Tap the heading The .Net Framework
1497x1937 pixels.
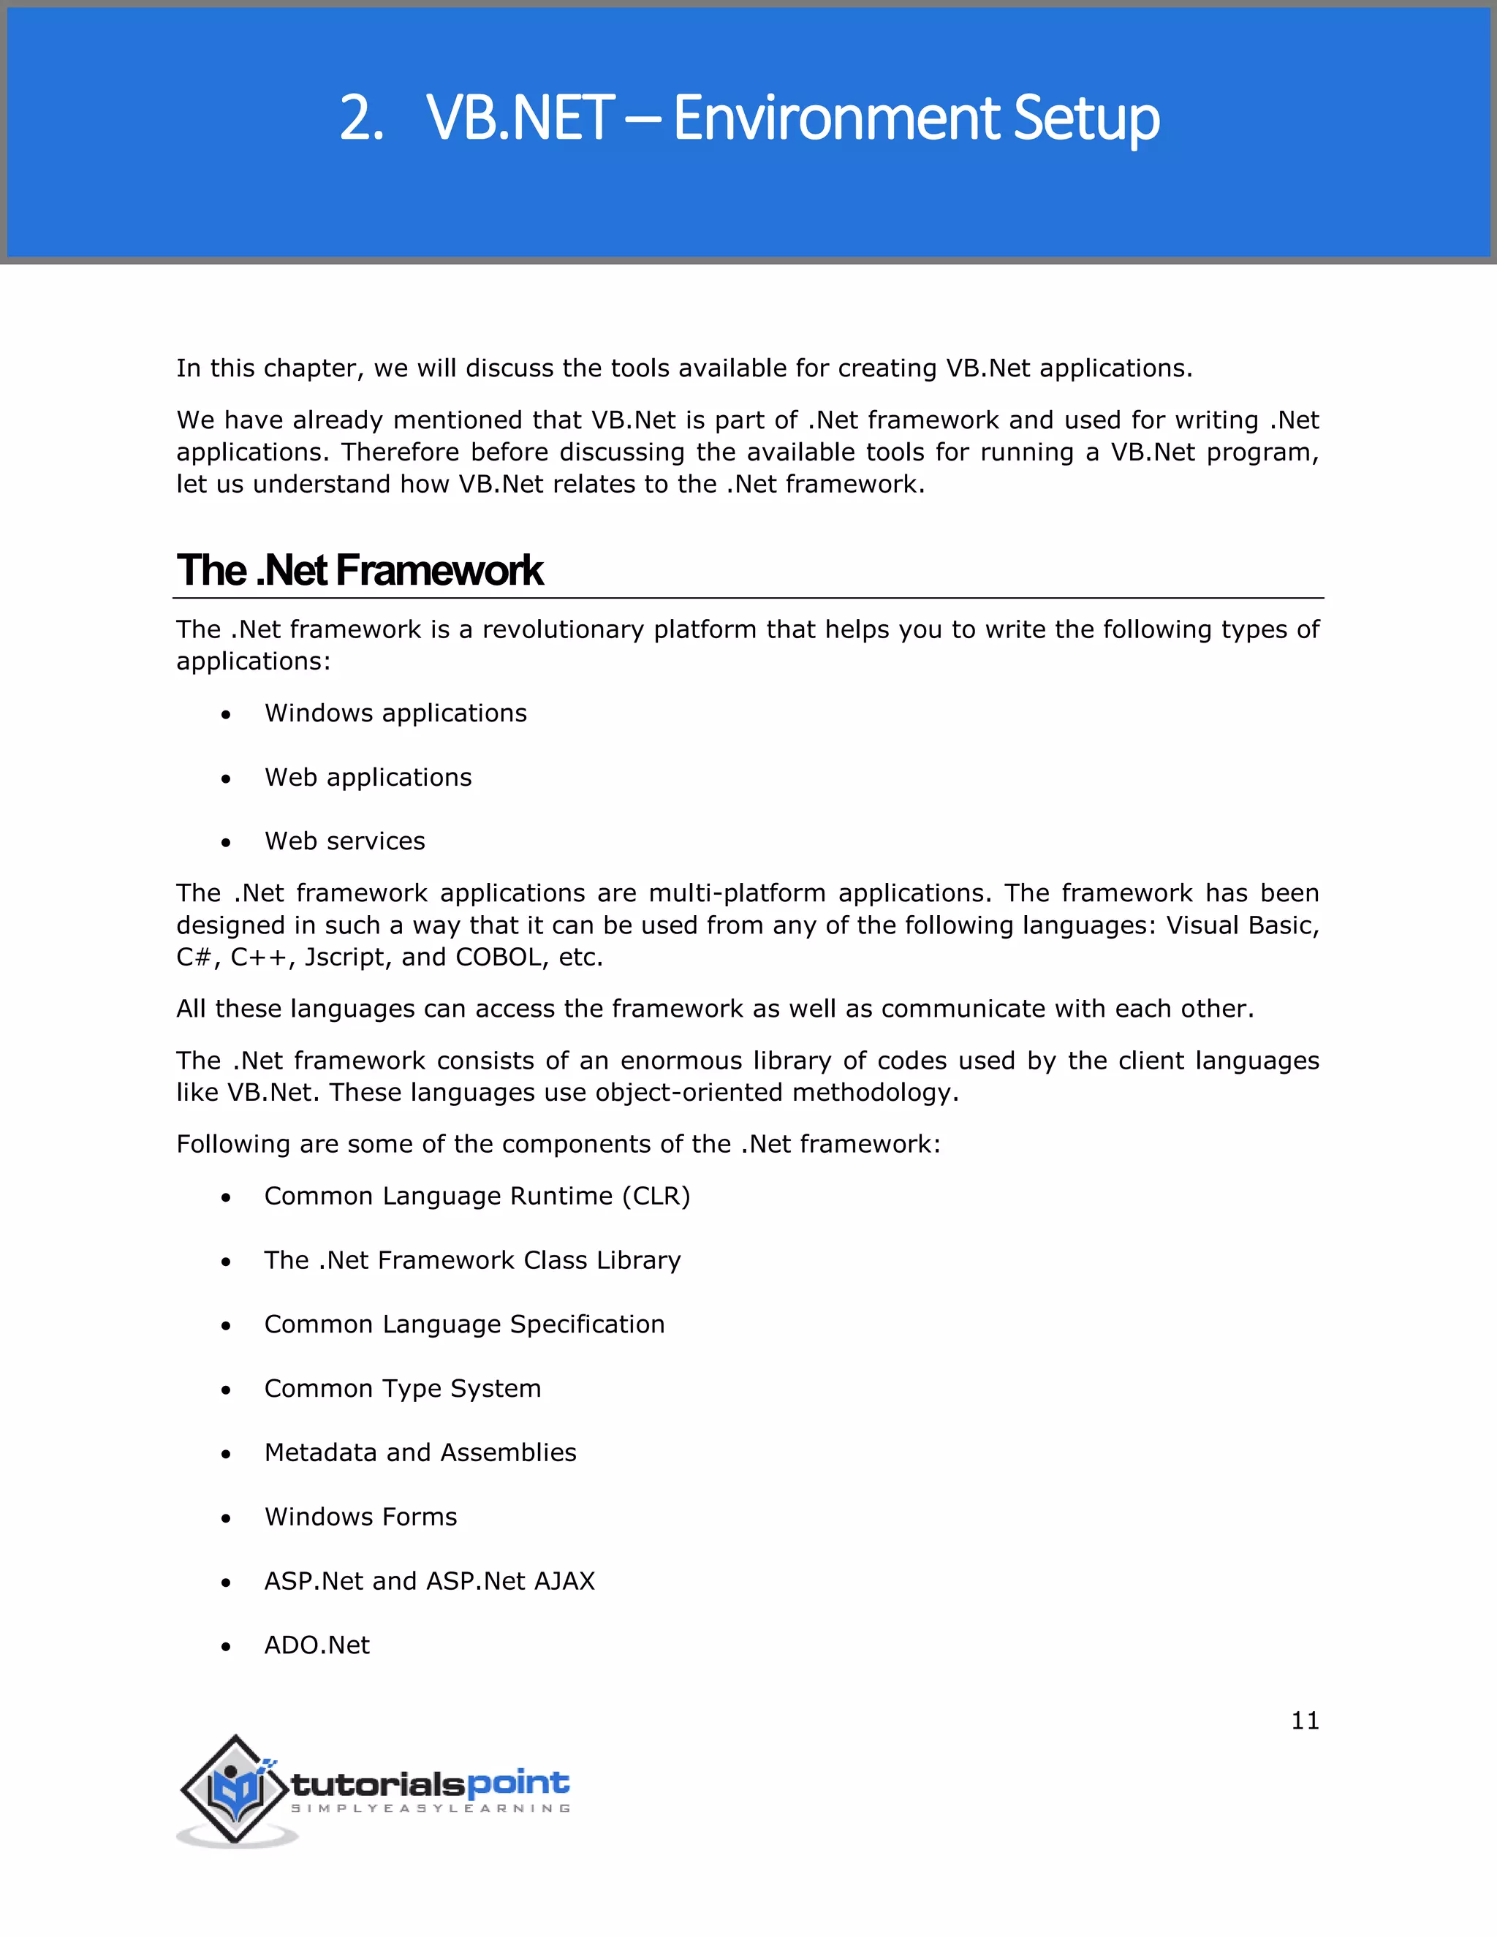(359, 570)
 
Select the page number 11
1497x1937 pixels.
(1305, 1721)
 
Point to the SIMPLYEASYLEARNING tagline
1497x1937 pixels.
(431, 1808)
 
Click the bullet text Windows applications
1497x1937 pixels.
(395, 713)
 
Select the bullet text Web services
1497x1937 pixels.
(345, 841)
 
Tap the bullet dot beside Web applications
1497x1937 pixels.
(226, 778)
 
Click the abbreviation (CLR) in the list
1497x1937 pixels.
(656, 1197)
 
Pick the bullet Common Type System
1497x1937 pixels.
(403, 1388)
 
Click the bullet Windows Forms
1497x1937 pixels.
(361, 1517)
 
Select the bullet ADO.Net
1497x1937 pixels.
(317, 1645)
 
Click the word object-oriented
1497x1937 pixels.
(689, 1093)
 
